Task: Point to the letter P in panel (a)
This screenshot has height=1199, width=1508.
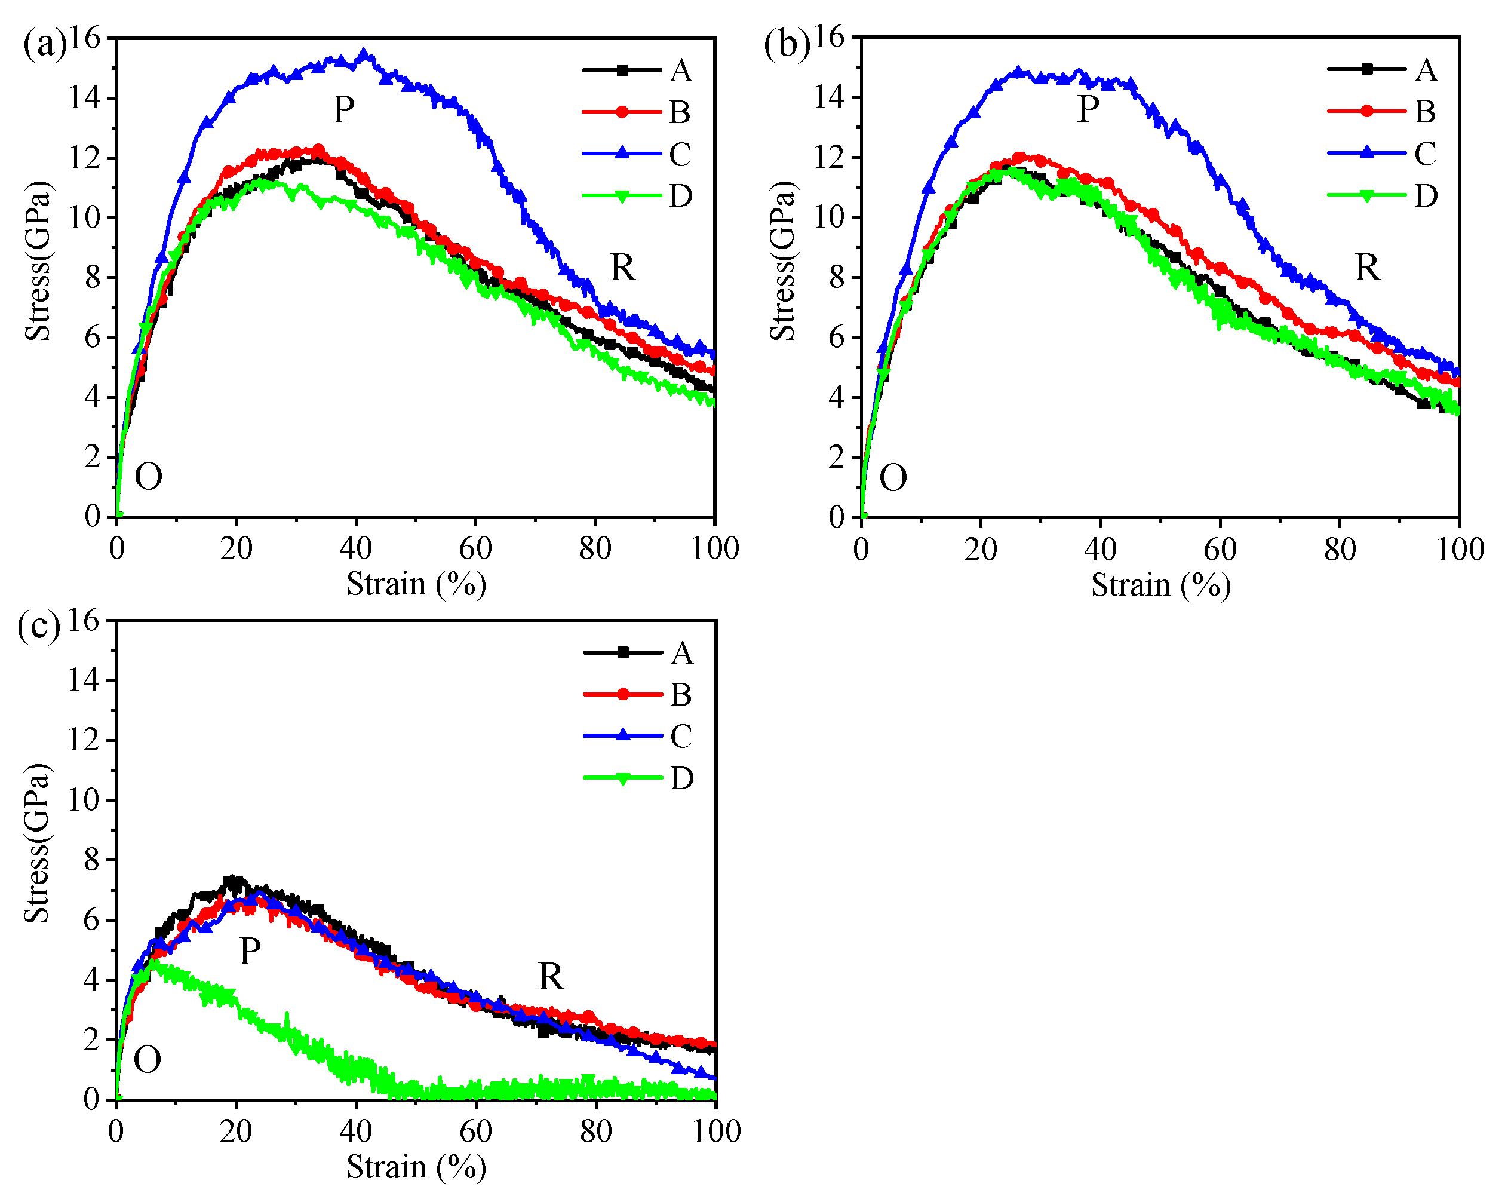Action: tap(343, 110)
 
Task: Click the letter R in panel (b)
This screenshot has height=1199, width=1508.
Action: tap(1368, 268)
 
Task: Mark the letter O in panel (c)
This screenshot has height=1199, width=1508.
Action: tap(147, 1060)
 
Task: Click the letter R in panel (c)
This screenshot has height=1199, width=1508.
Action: tap(551, 977)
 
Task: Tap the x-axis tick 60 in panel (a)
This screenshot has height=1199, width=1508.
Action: tap(475, 548)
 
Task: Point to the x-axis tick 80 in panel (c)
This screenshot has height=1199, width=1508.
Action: tap(596, 1131)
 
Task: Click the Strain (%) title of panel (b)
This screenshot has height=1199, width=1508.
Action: tap(1160, 585)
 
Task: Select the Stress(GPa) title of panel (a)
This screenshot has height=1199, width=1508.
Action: tap(38, 260)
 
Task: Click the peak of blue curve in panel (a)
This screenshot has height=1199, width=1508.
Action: tap(363, 53)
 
